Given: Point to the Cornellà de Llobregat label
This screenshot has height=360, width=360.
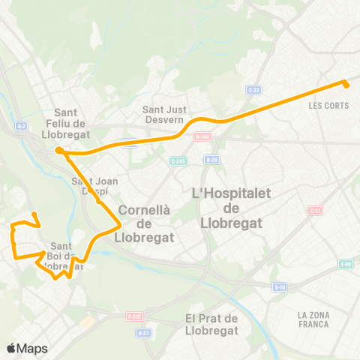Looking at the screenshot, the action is (145, 223).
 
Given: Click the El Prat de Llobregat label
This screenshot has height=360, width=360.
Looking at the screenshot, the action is (211, 324).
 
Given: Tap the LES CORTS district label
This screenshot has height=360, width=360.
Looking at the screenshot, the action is (328, 106).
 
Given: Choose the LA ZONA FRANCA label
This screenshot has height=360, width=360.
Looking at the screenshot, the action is (313, 319).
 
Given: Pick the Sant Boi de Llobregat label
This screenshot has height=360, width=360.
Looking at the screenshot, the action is (66, 256).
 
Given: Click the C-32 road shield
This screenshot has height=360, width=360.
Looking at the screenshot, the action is (253, 90).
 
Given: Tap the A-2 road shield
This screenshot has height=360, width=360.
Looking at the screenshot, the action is (21, 126).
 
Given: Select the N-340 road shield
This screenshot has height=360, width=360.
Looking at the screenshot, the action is (201, 136).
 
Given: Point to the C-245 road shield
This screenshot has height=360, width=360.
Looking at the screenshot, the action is (178, 160).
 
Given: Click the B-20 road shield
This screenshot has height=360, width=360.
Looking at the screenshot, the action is (212, 160).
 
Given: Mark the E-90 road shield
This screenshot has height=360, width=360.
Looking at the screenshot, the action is (345, 263).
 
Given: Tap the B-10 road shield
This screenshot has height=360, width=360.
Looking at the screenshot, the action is (279, 286).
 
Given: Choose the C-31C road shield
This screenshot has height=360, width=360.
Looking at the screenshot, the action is (135, 316).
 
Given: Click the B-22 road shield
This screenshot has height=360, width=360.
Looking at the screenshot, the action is (145, 332).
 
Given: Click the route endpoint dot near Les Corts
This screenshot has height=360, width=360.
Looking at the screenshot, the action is (346, 83).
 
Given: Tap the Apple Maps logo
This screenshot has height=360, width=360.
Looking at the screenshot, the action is (27, 348).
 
